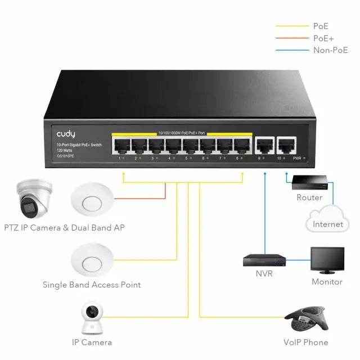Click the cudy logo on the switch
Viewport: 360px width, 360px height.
pos(66,135)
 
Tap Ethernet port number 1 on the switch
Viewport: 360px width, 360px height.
pos(121,146)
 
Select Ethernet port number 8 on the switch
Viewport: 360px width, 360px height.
pos(241,146)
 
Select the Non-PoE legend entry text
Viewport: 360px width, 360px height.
pos(330,50)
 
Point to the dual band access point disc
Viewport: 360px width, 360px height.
pos(92,200)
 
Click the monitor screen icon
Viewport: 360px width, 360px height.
pos(327,260)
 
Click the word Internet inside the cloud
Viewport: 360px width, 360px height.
pos(328,224)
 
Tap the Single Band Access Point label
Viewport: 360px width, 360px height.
pos(92,285)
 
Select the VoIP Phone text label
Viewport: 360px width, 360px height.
pos(306,342)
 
